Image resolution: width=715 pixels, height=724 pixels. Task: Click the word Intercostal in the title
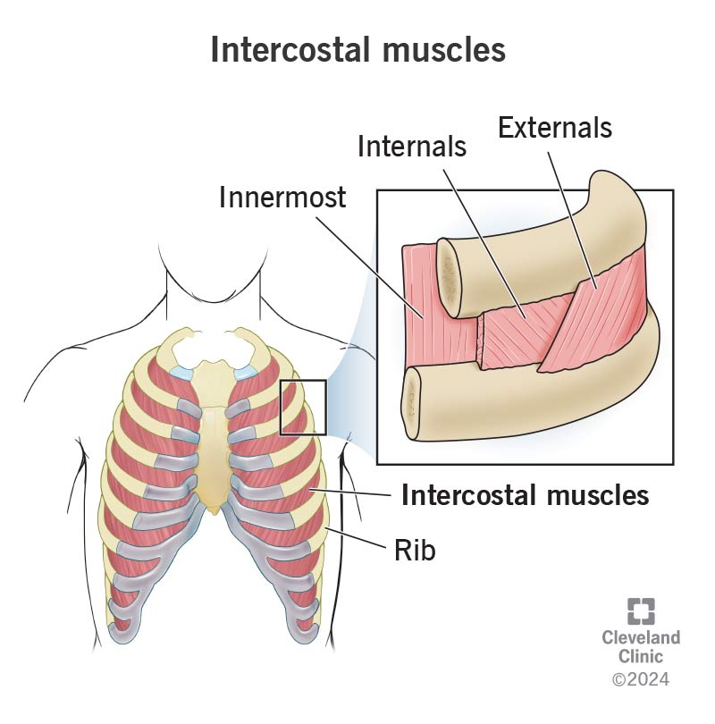tap(293, 50)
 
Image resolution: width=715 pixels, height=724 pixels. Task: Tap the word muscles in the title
tap(445, 50)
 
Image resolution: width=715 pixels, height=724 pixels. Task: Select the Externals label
tap(555, 128)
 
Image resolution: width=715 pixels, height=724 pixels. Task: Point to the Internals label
tap(412, 146)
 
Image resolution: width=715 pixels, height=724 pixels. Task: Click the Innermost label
tap(282, 198)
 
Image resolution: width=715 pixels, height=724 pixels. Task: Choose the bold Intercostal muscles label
tap(525, 494)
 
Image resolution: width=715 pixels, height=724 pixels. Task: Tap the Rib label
tap(415, 551)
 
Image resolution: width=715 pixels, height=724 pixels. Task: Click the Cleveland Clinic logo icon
tap(640, 611)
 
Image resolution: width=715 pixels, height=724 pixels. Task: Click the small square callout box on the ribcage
tap(303, 407)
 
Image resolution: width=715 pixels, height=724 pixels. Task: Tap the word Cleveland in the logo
tap(640, 637)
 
